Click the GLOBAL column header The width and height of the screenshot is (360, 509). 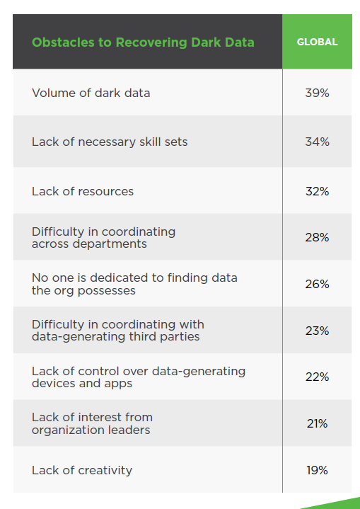point(317,42)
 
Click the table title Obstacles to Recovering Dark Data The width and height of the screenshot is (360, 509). point(143,42)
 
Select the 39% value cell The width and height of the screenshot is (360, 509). point(317,93)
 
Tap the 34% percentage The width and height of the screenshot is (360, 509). point(317,142)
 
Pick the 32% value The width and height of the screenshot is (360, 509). point(317,192)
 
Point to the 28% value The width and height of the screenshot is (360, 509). point(317,238)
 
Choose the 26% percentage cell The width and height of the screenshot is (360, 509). point(317,285)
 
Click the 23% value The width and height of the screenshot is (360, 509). point(317,331)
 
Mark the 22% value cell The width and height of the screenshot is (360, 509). point(317,377)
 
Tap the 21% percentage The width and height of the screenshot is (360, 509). point(317,423)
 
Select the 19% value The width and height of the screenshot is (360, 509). point(317,470)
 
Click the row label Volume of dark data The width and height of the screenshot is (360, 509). point(91,93)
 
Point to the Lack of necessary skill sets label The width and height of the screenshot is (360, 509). point(110,142)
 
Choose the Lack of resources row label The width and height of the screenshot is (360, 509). point(83,192)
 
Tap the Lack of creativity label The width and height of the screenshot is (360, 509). point(82,471)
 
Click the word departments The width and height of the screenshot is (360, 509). point(110,244)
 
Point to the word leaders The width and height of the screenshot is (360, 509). point(129,430)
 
